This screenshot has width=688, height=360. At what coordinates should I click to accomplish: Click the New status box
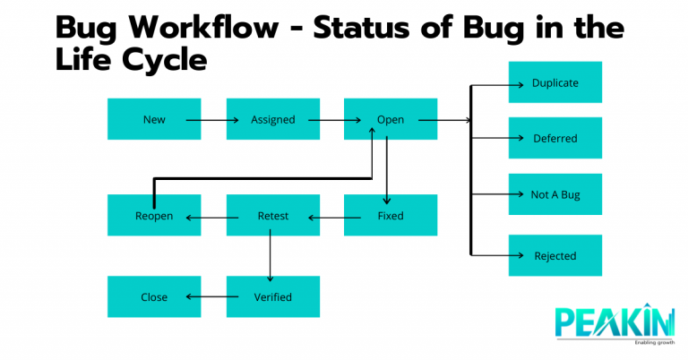pyautogui.click(x=153, y=119)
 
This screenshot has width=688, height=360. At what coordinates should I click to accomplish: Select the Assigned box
pyautogui.click(x=272, y=119)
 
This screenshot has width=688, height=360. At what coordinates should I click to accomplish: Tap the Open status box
pyautogui.click(x=391, y=119)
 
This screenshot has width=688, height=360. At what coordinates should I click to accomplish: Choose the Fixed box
pyautogui.click(x=391, y=215)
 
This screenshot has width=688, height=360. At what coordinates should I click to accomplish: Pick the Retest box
pyautogui.click(x=272, y=215)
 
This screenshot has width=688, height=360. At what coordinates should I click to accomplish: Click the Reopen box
pyautogui.click(x=153, y=215)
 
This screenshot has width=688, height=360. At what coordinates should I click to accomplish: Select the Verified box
pyautogui.click(x=272, y=296)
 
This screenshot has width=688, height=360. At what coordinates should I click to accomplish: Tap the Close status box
pyautogui.click(x=153, y=296)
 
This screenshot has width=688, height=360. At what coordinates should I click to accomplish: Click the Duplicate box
pyautogui.click(x=555, y=82)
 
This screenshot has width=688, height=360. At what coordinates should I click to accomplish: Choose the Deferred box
pyautogui.click(x=555, y=138)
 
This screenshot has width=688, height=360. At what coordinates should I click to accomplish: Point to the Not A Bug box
pyautogui.click(x=555, y=193)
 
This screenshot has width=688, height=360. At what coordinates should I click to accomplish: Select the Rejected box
pyautogui.click(x=555, y=255)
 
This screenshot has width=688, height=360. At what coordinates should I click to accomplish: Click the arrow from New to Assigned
pyautogui.click(x=208, y=119)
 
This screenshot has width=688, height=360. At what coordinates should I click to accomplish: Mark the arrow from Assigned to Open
pyautogui.click(x=328, y=119)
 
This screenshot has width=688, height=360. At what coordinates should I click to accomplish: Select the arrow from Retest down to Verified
pyautogui.click(x=270, y=256)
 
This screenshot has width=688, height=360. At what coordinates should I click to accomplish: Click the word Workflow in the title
pyautogui.click(x=209, y=27)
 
